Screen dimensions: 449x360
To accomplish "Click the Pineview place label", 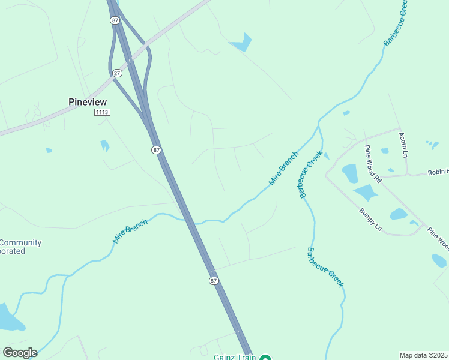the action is point(88,102).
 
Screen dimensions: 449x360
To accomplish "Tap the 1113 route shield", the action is point(102,112).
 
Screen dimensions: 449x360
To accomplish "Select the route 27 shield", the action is point(117,73).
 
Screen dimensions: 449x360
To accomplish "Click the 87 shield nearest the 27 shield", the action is point(115,20).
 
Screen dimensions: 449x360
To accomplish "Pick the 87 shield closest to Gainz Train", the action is point(214,281).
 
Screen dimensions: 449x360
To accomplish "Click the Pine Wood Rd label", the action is point(373,164).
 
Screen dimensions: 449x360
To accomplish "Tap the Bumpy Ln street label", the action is point(370,219).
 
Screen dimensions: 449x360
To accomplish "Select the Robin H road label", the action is point(438,172).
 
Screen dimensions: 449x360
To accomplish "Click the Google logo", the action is point(20,352).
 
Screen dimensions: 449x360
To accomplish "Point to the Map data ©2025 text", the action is point(423,355).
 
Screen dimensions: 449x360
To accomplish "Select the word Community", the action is point(20,243).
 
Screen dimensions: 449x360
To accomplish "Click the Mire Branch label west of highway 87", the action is point(130,231).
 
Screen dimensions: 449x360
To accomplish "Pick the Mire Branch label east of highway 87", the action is point(283,168).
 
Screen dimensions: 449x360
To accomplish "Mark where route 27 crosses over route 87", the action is point(130,61).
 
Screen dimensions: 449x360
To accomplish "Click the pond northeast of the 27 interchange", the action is point(241,43).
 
